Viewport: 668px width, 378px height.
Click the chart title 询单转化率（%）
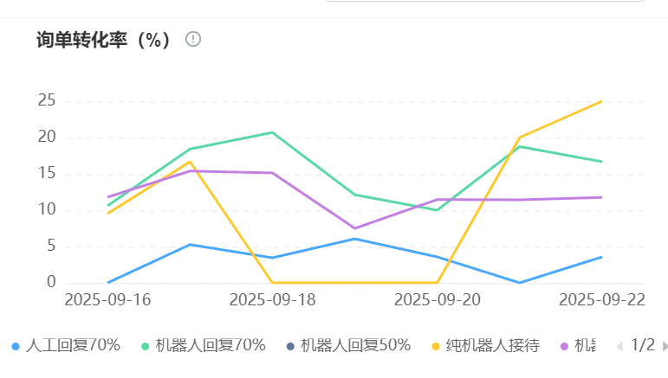point(104,40)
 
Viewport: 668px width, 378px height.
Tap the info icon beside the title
point(193,39)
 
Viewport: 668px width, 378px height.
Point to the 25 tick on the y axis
point(46,101)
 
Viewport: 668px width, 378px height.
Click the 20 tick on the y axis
point(46,138)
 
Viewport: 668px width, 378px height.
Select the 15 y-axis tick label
point(46,174)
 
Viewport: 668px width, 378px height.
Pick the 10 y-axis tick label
point(46,210)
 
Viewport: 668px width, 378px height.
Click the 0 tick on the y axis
point(51,283)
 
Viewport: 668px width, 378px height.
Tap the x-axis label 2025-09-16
point(107,299)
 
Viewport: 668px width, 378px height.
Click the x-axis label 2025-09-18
point(272,299)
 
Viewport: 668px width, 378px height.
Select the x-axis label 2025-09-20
point(437,299)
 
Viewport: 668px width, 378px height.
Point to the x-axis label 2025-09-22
point(601,299)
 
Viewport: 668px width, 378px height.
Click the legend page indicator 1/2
point(643,345)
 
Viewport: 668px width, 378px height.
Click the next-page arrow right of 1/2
point(665,346)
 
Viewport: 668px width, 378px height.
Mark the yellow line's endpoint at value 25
point(601,101)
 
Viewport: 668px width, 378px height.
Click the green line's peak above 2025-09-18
point(272,132)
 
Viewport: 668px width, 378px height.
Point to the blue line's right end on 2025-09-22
point(601,257)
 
